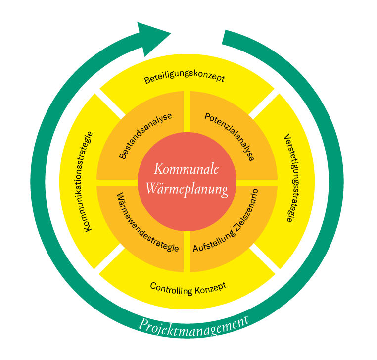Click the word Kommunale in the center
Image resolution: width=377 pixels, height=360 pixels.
point(187,169)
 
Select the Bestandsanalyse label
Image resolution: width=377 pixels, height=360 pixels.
point(145,136)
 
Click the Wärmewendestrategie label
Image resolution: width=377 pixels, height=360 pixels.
point(147,222)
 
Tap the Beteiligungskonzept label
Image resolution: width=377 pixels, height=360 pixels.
point(185,79)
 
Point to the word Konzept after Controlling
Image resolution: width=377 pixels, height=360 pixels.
point(210,286)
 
